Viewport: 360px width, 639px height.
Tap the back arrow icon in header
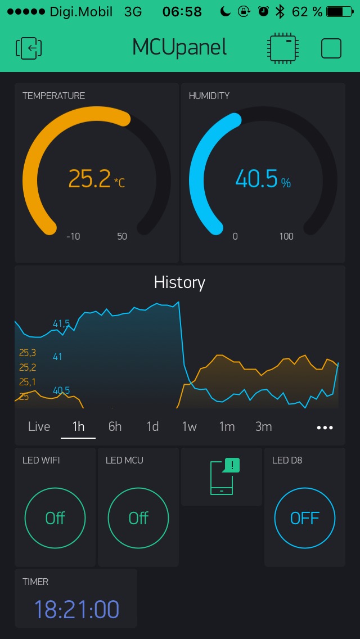point(29,48)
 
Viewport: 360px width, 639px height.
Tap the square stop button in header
point(331,48)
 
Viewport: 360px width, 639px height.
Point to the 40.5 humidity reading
point(256,179)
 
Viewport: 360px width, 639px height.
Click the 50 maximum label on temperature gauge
point(122,236)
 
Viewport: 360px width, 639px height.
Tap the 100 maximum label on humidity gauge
point(286,236)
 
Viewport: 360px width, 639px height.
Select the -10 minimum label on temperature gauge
point(73,236)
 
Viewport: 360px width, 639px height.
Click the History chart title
point(179,282)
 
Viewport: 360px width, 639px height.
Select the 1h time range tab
point(78,426)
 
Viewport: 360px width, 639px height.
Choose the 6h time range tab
point(115,426)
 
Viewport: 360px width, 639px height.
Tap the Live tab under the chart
point(39,426)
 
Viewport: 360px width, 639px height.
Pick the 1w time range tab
point(190,426)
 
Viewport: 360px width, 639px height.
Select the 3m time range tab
point(263,426)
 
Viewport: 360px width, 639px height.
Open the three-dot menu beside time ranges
point(325,427)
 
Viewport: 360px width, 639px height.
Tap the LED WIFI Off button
point(55,518)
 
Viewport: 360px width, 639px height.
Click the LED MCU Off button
point(138,518)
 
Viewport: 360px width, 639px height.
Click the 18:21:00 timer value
point(76,610)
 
